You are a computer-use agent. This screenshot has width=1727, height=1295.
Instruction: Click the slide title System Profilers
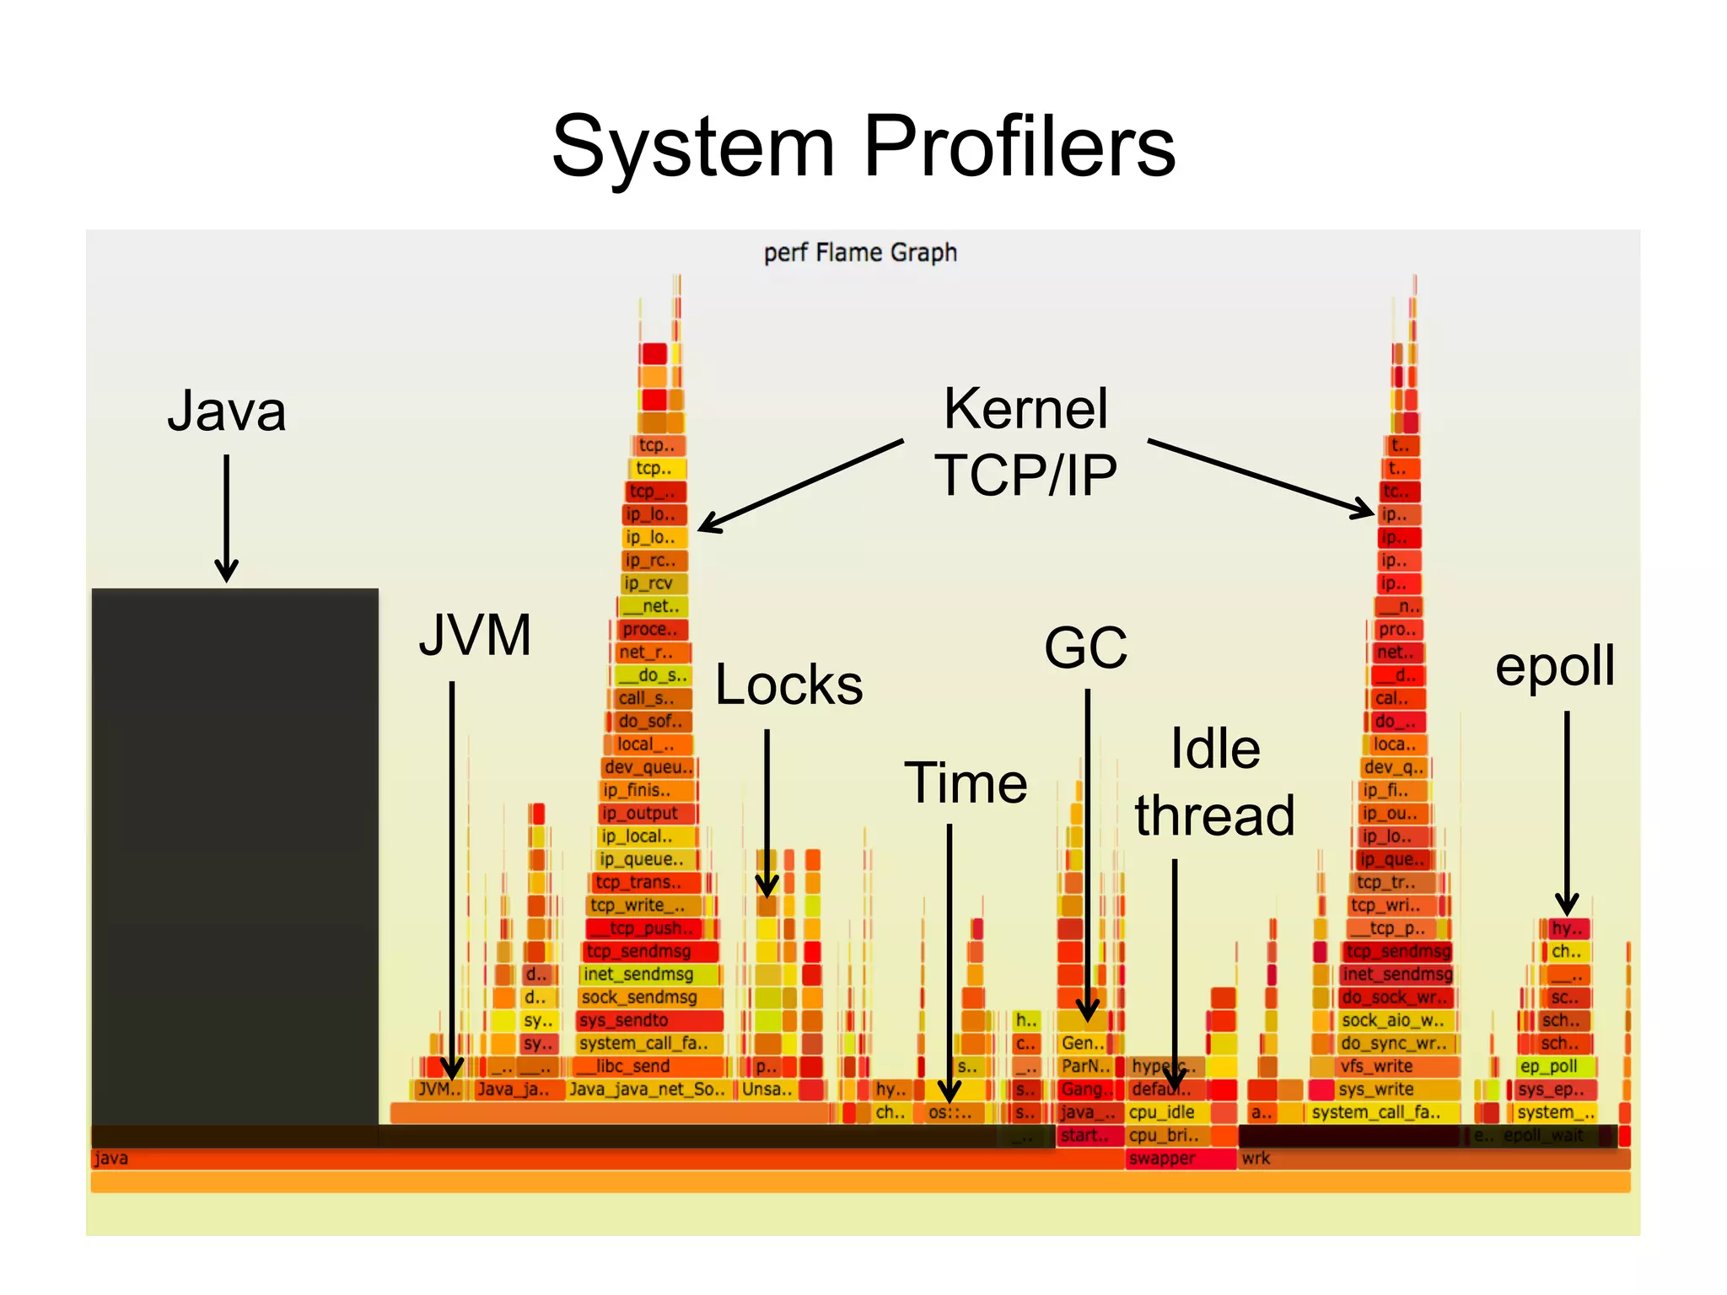(863, 148)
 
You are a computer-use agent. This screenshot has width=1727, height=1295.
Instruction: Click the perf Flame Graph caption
(859, 253)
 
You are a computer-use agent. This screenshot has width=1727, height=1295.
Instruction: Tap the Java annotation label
(226, 411)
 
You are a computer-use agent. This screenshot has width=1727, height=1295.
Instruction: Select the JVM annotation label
(475, 635)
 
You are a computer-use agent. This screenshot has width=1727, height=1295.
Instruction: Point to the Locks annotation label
(788, 685)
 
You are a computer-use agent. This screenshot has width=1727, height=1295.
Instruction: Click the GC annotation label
(1085, 648)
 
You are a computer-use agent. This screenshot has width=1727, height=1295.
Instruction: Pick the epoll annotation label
(1554, 666)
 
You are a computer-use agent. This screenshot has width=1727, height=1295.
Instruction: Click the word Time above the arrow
(966, 783)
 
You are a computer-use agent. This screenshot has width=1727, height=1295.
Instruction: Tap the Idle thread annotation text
(1214, 782)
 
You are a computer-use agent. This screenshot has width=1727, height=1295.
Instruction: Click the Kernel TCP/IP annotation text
(1025, 442)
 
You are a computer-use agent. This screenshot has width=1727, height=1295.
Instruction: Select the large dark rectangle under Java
(234, 856)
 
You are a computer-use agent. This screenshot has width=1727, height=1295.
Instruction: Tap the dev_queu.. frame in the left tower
(648, 767)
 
